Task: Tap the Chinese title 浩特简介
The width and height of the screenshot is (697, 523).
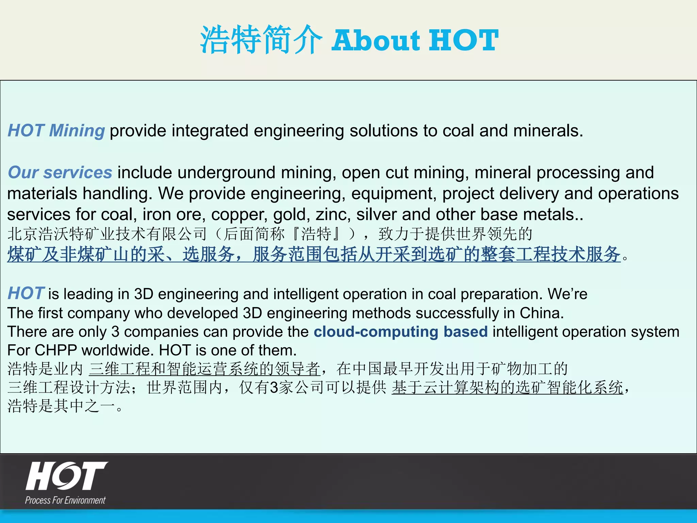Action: click(261, 40)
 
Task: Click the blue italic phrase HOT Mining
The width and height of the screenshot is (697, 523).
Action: click(56, 131)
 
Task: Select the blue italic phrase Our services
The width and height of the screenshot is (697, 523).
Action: click(60, 173)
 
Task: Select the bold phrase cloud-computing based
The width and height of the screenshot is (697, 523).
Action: click(401, 332)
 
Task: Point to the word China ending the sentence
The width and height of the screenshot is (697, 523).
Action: click(541, 313)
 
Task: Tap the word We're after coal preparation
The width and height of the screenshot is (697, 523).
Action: click(567, 294)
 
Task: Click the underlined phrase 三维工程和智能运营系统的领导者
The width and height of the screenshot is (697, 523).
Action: click(204, 369)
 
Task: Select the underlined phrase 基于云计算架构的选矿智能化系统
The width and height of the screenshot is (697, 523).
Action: click(507, 387)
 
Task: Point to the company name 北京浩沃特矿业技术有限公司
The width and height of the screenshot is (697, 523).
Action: click(107, 234)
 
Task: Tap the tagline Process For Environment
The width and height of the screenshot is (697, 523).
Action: click(65, 500)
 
